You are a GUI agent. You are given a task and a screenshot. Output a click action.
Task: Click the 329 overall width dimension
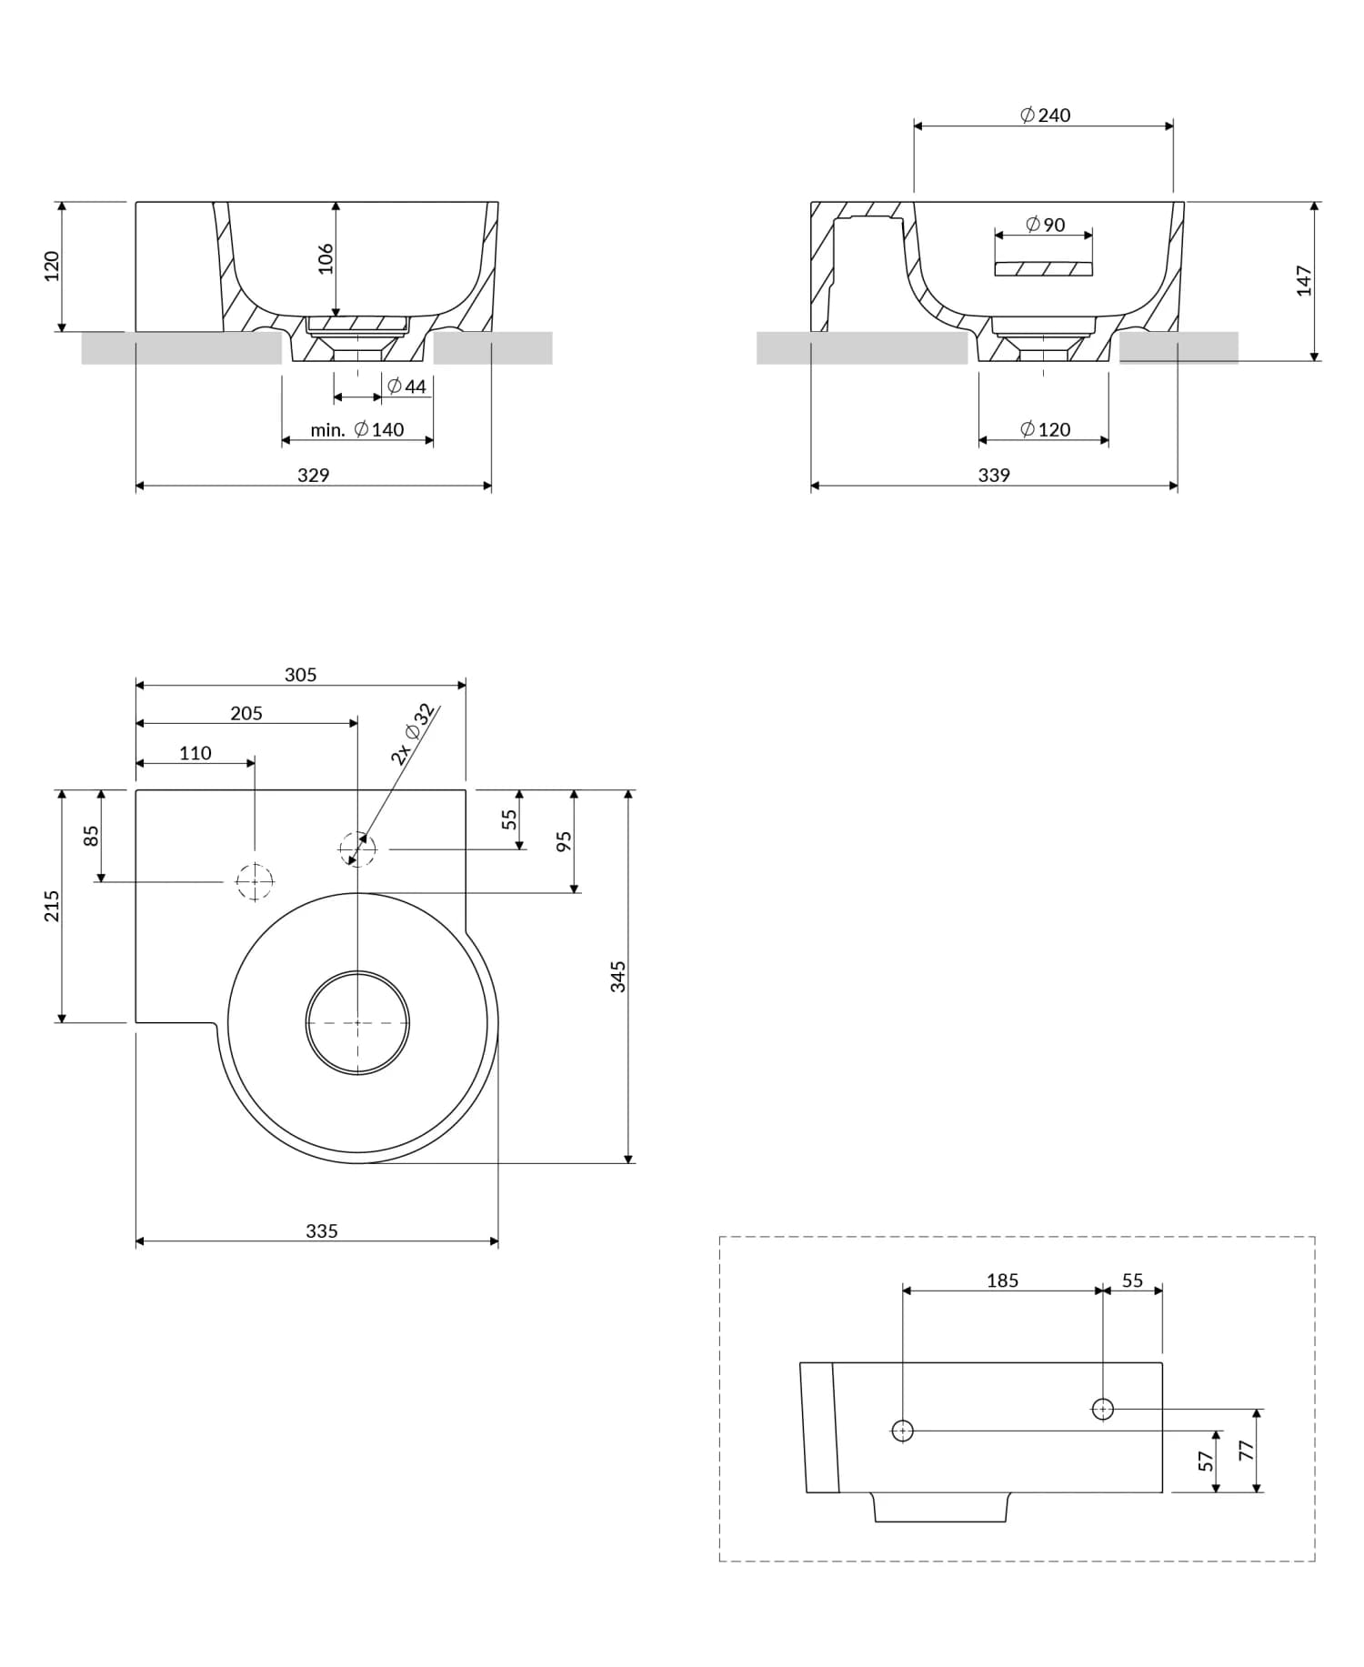313,475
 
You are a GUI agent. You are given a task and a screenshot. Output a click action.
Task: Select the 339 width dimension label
993,475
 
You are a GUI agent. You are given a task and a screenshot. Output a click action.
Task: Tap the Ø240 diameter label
1045,115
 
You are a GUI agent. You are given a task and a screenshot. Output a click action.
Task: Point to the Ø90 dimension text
1045,225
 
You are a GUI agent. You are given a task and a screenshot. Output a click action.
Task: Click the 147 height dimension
1304,280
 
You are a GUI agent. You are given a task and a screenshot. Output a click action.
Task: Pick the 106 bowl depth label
326,258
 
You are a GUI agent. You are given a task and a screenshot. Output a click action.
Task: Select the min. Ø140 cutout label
356,429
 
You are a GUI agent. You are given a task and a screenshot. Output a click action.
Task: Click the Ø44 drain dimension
406,387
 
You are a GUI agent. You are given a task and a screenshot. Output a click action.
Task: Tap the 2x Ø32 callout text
411,734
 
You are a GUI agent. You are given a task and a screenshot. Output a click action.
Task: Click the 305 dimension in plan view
300,675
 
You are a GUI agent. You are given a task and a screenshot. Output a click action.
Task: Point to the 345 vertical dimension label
618,977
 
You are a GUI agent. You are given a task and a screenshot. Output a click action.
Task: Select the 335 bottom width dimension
321,1230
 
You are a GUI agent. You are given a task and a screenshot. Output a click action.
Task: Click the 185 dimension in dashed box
1002,1280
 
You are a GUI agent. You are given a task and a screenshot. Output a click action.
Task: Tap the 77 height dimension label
1247,1451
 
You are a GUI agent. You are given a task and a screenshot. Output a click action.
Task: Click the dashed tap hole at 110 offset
255,881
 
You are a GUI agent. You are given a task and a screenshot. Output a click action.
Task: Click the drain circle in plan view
357,1022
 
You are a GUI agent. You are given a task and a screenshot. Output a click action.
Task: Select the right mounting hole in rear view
1102,1409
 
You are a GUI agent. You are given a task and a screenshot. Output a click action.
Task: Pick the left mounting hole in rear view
902,1431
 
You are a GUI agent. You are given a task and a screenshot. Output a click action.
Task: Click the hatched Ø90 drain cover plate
1043,269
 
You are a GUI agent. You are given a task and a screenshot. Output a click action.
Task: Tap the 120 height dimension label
52,266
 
